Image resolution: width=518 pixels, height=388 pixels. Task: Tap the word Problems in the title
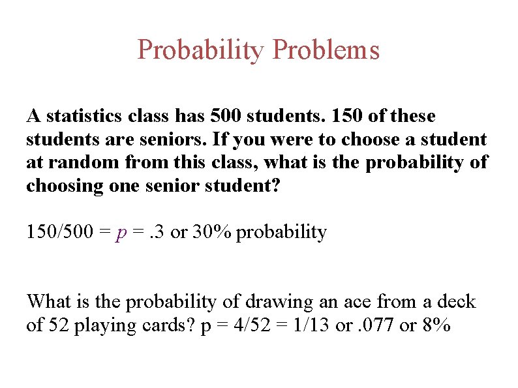(x=326, y=50)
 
